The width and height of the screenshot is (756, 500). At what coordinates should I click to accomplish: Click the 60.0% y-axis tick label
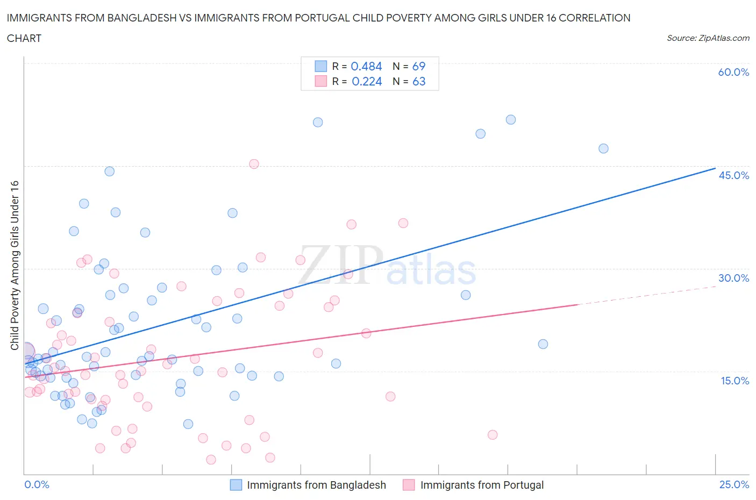coord(733,72)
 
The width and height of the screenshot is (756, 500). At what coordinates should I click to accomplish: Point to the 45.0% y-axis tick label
coord(733,175)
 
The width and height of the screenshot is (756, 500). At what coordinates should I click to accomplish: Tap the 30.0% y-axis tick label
coord(733,278)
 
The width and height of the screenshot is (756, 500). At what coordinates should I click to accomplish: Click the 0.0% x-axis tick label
coord(37,484)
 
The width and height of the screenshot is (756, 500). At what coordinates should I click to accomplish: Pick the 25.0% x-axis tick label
coord(734,484)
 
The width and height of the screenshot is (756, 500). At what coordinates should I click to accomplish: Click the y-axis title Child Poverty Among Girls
coord(15,265)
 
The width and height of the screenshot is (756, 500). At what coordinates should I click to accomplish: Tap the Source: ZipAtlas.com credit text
coord(708,38)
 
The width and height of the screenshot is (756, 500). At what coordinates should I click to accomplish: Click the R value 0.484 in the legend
coord(366,66)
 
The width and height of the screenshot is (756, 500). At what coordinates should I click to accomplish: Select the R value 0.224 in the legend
coord(367,81)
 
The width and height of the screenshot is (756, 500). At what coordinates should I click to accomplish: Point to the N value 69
coord(418,66)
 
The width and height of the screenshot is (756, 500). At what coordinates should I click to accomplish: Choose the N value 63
coord(418,81)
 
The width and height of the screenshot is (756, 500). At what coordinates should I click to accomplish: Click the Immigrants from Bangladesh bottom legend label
coord(316,485)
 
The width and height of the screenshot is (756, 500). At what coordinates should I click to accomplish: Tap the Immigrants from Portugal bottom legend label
coord(482,485)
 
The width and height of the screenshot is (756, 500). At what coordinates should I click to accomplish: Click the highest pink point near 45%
coord(254,164)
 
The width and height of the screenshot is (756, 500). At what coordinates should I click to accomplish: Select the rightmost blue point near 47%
coord(603,148)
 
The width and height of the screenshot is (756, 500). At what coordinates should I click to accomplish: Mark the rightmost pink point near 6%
coord(493,435)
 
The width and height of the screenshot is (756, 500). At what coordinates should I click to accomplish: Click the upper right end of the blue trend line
coord(715,168)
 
